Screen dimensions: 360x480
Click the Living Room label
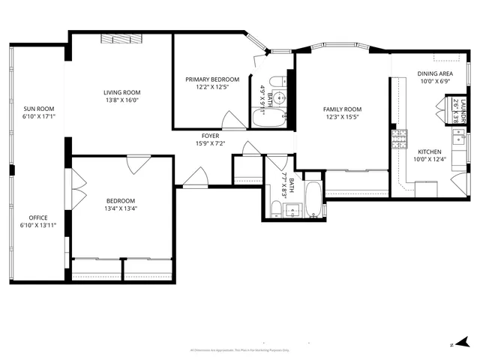[121, 91]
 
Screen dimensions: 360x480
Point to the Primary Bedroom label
[212, 79]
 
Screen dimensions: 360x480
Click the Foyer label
[210, 136]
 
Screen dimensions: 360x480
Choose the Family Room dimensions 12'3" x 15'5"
[342, 117]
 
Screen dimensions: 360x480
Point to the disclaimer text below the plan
[240, 349]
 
